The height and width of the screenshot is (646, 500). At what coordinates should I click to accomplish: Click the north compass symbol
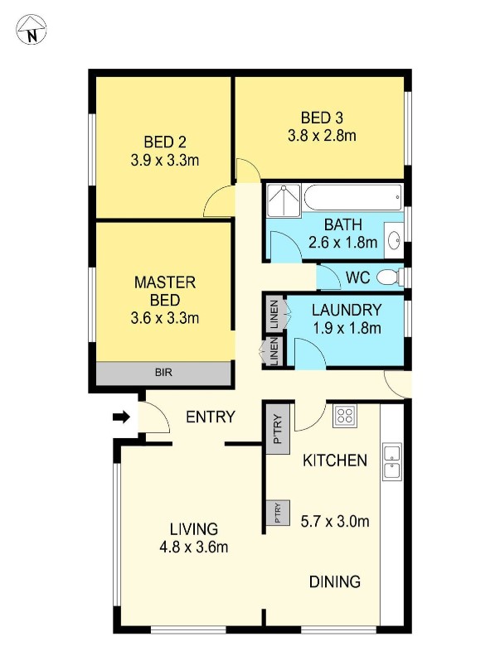coord(32,31)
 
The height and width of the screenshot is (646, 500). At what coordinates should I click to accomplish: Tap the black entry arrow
coord(121,417)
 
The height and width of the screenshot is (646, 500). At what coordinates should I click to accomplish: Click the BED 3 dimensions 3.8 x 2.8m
coord(322,135)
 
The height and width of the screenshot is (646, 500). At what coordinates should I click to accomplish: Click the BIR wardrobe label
coord(163,374)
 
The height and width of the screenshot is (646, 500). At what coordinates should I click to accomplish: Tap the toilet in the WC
coord(387,276)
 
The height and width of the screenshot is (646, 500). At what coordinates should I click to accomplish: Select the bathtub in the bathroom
coord(352,198)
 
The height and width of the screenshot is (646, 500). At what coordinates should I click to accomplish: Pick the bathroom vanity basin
coord(395,241)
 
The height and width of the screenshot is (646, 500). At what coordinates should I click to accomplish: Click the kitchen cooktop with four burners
coord(345,416)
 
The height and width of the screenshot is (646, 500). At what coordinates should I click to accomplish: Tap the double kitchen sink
coord(391,461)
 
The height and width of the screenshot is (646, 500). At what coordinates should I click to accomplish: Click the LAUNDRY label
coord(347,311)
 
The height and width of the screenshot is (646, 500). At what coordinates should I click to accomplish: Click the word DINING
coord(335,581)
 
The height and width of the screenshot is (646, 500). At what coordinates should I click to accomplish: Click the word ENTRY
coord(211,417)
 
